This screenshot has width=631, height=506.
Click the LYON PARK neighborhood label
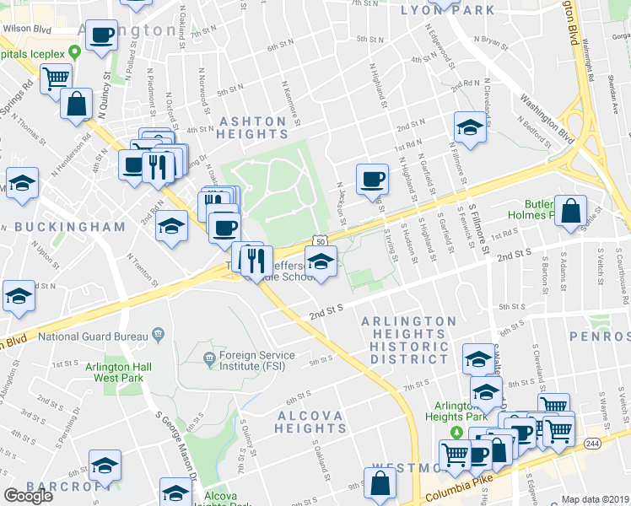click(436, 10)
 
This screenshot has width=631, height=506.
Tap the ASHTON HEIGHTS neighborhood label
click(254, 127)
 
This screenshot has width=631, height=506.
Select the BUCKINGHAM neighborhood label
click(69, 227)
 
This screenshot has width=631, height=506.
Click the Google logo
click(29, 496)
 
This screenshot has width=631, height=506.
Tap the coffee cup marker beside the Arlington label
click(102, 36)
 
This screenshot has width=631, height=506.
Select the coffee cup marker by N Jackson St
click(372, 179)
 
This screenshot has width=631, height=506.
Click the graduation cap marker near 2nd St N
click(470, 127)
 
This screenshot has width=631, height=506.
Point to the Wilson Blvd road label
click(26, 28)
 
